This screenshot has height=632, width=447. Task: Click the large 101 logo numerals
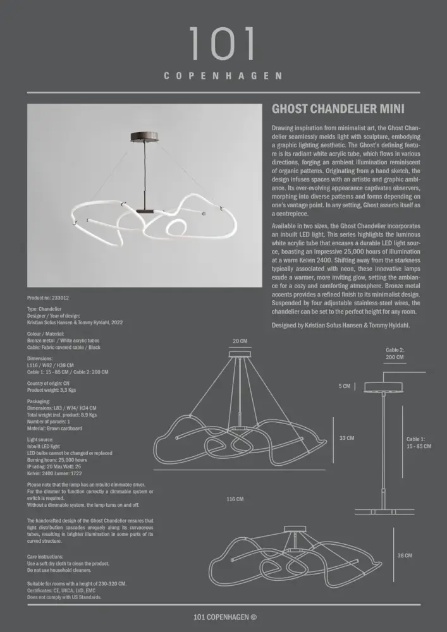pyautogui.click(x=223, y=44)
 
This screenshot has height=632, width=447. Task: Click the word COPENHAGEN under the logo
pyautogui.click(x=223, y=76)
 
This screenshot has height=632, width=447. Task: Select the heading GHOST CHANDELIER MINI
pyautogui.click(x=338, y=109)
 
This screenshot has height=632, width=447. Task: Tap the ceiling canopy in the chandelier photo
pyautogui.click(x=144, y=135)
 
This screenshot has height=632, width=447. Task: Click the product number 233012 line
pyautogui.click(x=48, y=297)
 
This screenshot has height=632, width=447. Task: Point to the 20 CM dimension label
pyautogui.click(x=240, y=341)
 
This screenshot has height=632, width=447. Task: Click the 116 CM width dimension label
pyautogui.click(x=235, y=499)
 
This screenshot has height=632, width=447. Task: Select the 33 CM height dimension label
pyautogui.click(x=346, y=437)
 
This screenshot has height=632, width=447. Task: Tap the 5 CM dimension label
pyautogui.click(x=344, y=386)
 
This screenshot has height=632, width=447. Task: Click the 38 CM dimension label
pyautogui.click(x=405, y=556)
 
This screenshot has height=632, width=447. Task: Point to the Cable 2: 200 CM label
pyautogui.click(x=395, y=353)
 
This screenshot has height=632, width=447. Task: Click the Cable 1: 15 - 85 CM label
pyautogui.click(x=419, y=442)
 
